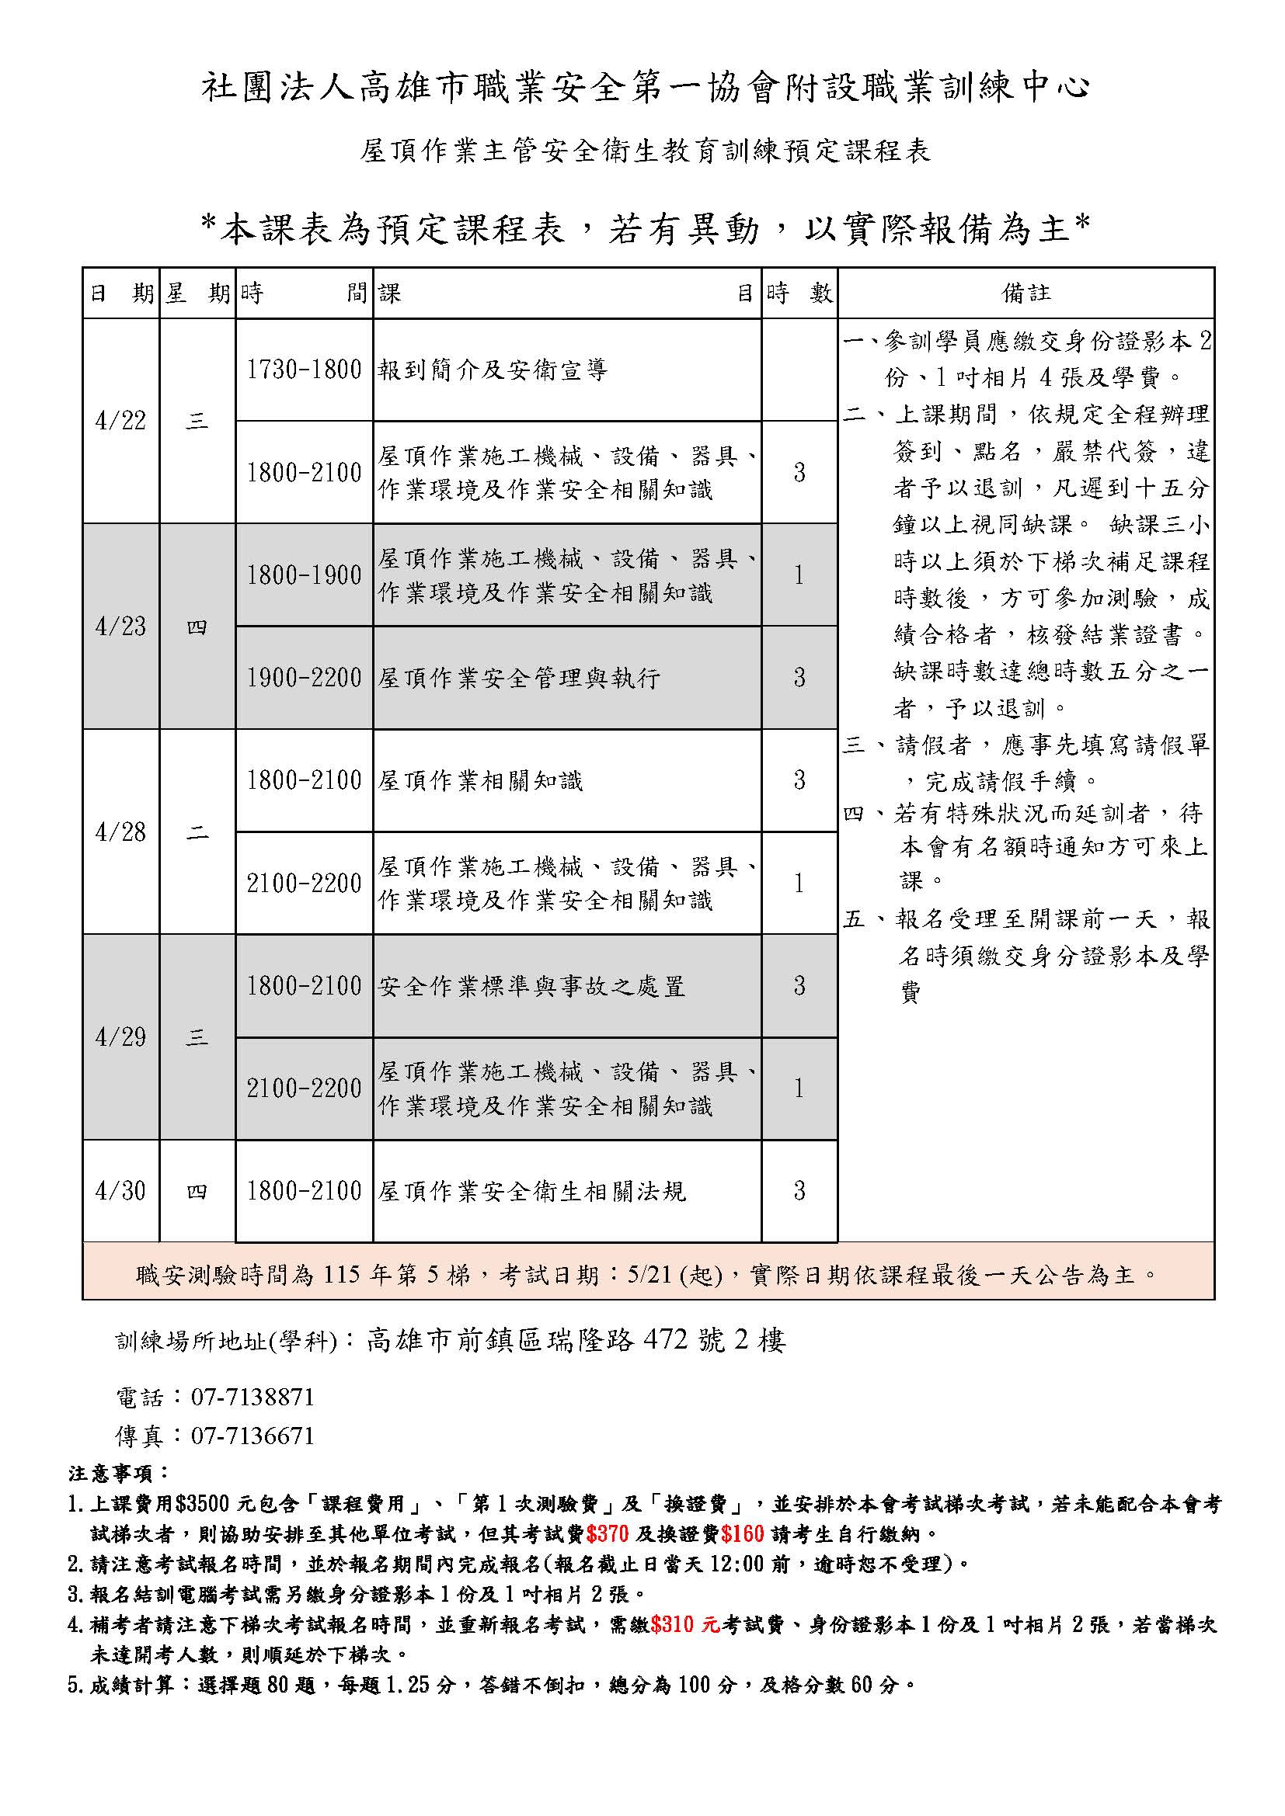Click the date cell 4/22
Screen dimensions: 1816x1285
120,421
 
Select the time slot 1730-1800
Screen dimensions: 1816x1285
304,370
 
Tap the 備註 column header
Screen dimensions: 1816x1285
1026,293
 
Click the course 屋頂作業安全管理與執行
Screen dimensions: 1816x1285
519,678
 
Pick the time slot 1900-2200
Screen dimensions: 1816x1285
304,678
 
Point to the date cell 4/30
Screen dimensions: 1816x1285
120,1190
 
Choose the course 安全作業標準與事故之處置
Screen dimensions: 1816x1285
531,986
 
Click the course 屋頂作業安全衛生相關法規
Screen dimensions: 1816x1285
531,1191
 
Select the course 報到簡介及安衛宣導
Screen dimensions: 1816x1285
493,370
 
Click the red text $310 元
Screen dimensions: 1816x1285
685,1624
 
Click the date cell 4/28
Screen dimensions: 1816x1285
120,832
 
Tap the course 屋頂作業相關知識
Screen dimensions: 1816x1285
480,780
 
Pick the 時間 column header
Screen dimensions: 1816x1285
304,293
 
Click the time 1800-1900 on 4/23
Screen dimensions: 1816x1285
304,575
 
